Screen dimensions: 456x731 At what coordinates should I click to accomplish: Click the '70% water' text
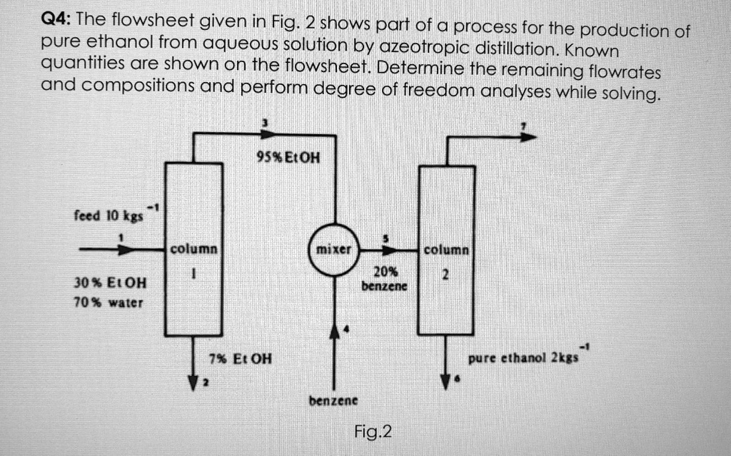109,303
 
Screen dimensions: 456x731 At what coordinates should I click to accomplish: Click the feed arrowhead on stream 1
126,250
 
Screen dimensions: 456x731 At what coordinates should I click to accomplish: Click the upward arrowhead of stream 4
333,332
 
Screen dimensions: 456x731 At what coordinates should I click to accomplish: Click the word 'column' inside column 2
445,251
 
